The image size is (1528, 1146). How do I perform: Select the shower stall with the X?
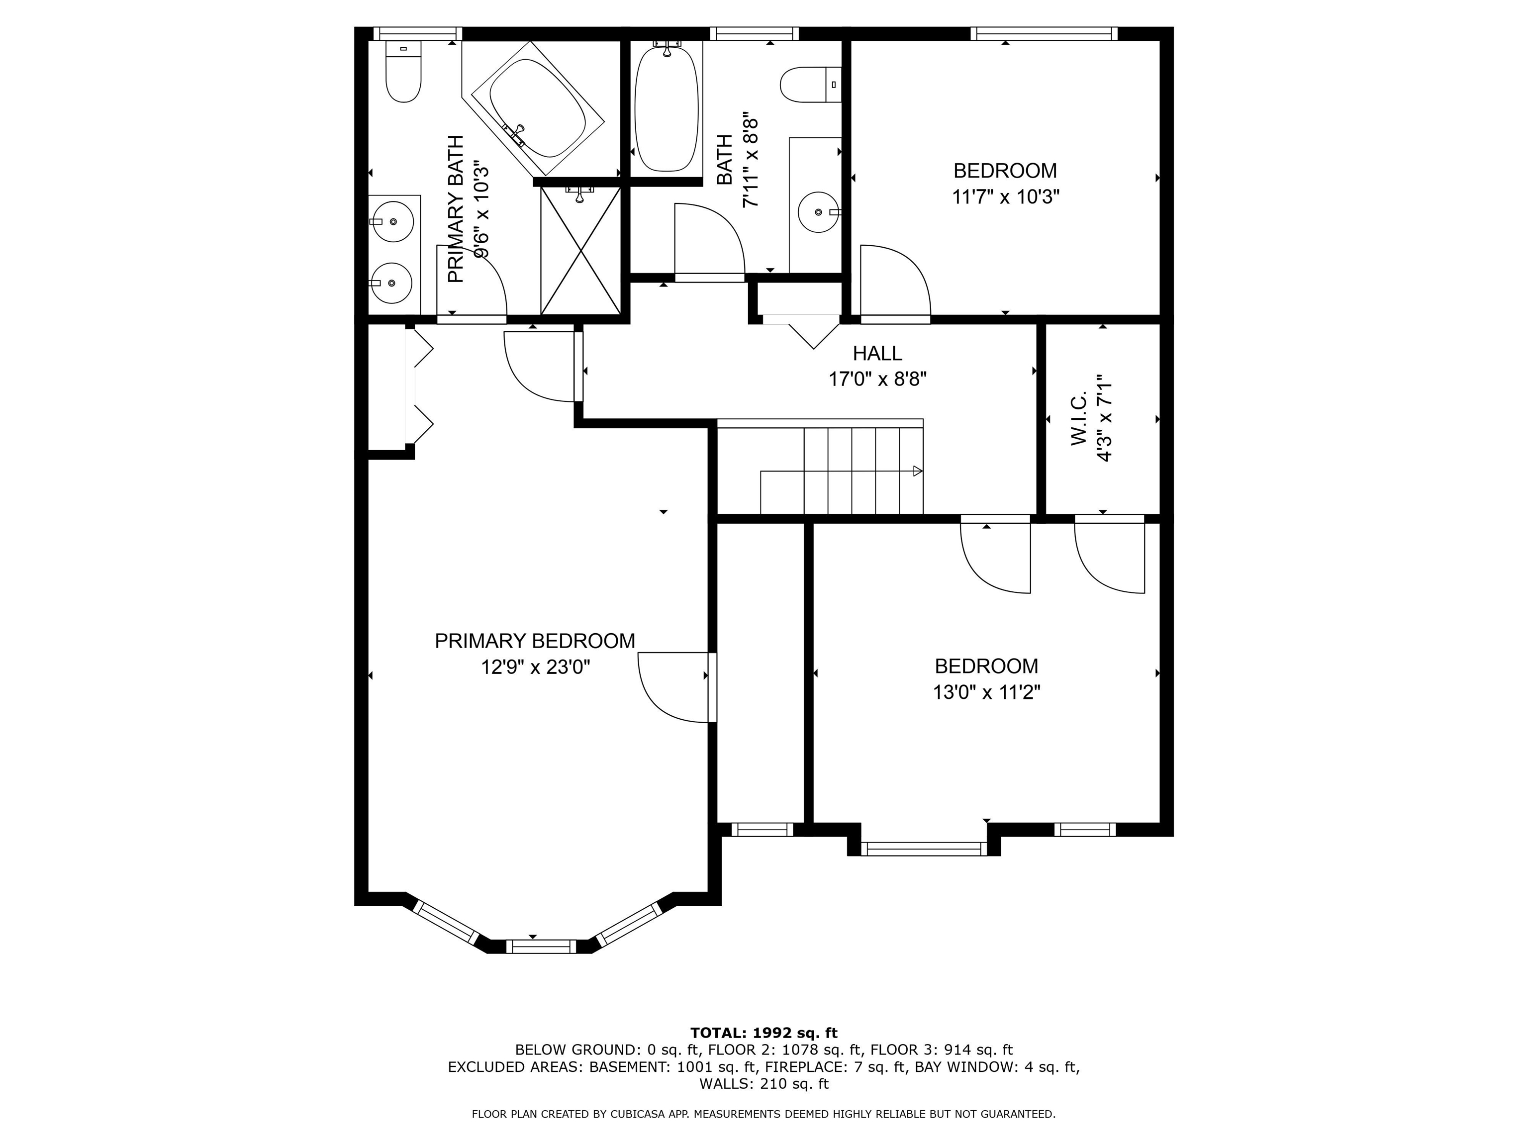[580, 252]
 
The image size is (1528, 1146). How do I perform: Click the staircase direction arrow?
[917, 471]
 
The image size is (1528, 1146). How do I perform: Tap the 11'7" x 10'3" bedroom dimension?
[1005, 197]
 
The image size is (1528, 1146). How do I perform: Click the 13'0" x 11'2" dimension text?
[986, 692]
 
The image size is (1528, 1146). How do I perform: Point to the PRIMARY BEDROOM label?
[535, 641]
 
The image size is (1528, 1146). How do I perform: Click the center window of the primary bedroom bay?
[541, 947]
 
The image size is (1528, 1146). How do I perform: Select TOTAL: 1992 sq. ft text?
[764, 1033]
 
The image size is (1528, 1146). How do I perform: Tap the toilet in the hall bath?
[810, 84]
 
